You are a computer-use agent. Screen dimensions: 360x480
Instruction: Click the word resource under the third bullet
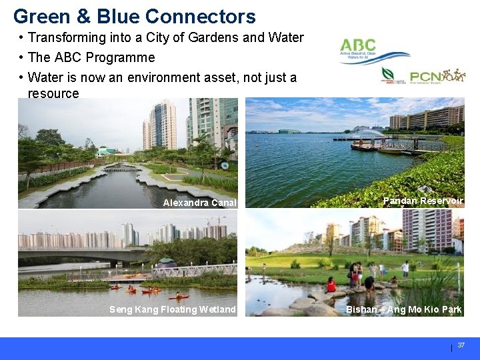[53, 93]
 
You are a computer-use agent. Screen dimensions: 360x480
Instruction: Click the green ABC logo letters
[357, 45]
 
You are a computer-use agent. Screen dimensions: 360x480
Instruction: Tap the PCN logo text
[425, 77]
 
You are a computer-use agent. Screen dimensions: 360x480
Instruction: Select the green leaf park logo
[387, 73]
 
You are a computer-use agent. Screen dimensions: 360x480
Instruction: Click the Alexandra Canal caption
[199, 203]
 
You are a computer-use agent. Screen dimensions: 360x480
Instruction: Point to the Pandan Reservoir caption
[423, 201]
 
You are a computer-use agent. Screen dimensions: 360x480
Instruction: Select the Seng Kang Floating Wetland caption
[172, 309]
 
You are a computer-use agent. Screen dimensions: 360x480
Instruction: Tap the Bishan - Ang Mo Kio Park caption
[403, 309]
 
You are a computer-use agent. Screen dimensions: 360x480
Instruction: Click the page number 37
[461, 345]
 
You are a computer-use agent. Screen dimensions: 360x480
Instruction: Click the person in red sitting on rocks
[331, 285]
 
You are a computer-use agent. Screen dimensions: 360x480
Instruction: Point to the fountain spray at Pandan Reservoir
[377, 134]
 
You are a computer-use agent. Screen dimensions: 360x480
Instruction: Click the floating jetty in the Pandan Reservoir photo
[387, 146]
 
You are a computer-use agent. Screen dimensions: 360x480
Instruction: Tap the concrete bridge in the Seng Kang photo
[80, 255]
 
